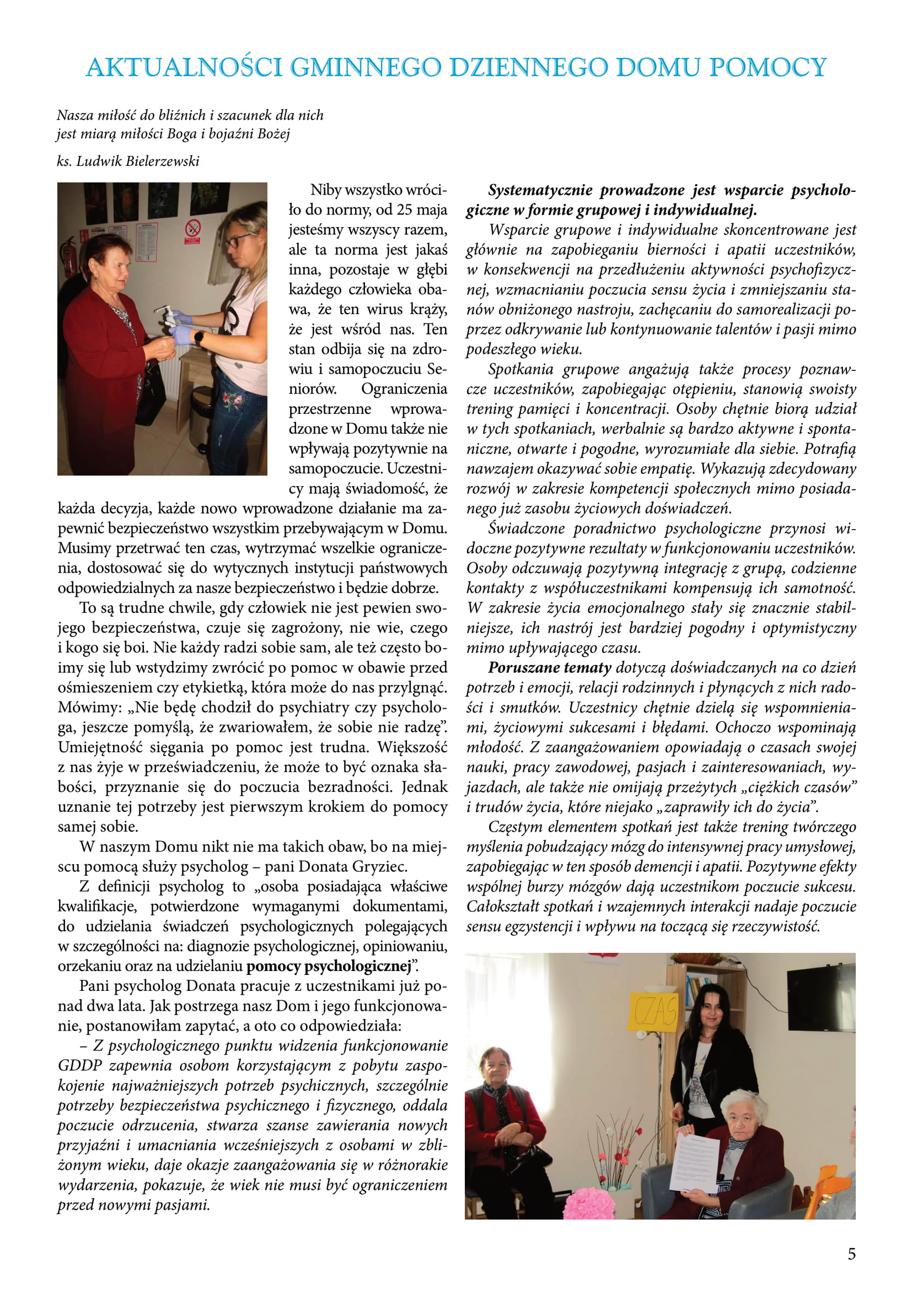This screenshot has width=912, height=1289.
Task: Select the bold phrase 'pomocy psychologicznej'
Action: tap(329, 966)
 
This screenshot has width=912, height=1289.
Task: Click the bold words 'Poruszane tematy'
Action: tap(549, 667)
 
